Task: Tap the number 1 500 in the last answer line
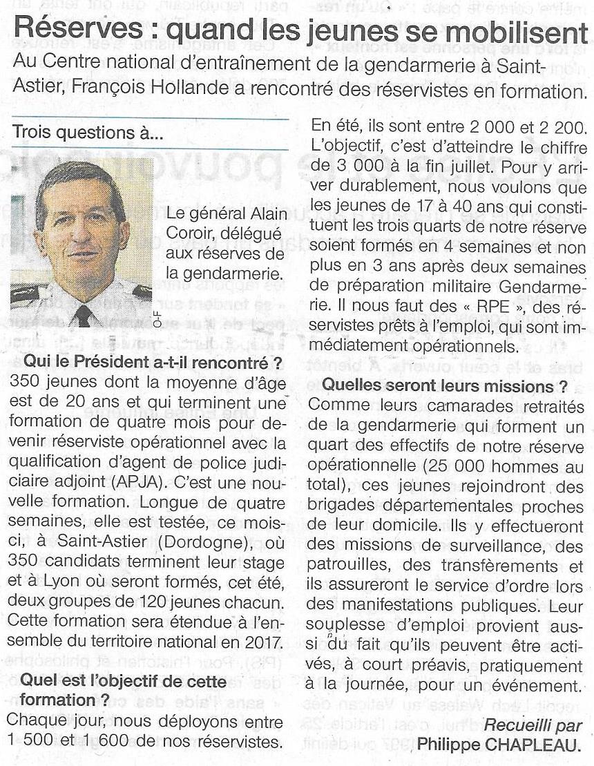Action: tap(31, 743)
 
